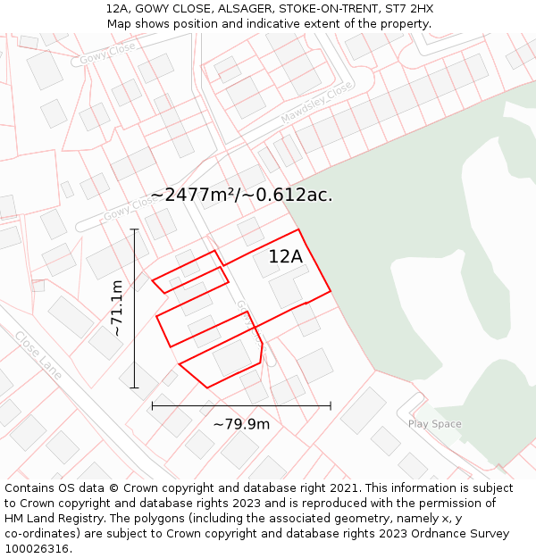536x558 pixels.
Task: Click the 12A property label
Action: pos(286,257)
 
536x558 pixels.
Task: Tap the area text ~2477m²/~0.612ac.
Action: pos(241,195)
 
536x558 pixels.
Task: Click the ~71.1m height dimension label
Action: pos(116,308)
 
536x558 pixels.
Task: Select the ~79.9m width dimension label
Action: pos(241,424)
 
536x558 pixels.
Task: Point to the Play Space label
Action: pos(435,424)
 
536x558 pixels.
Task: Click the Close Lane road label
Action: pos(38,354)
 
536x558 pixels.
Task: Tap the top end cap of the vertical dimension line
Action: pos(134,229)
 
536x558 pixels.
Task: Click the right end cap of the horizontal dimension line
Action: pos(331,405)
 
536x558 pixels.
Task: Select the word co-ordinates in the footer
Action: pos(38,533)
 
